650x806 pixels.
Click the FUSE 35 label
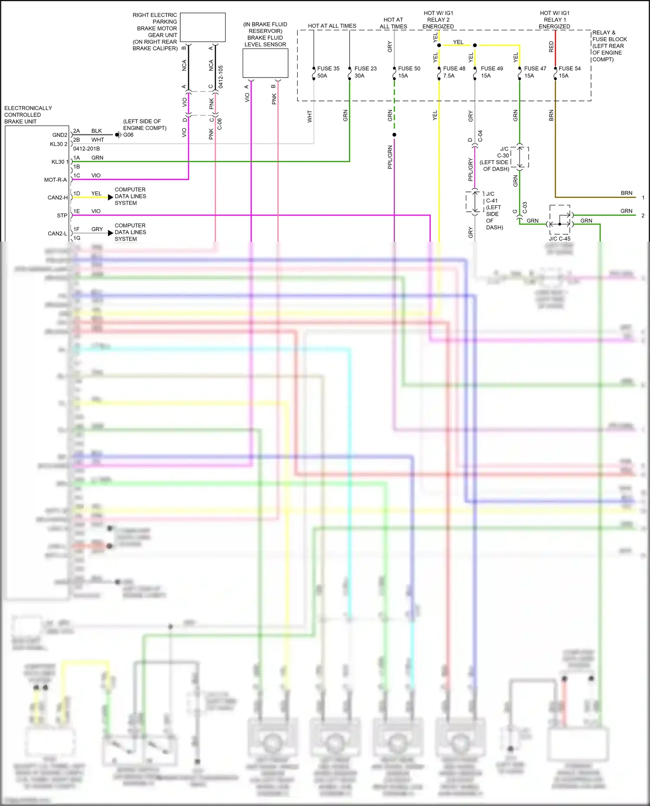pos(328,68)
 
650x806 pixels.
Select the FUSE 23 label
pos(365,68)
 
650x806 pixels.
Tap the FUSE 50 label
pos(409,68)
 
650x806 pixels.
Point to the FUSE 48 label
pos(454,68)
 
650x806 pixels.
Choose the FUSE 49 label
pos(492,68)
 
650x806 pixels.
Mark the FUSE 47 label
pos(535,68)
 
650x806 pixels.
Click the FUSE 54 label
pos(569,68)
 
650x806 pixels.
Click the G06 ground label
pos(128,135)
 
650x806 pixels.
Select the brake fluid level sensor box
pos(265,63)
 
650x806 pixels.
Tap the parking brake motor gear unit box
pos(202,27)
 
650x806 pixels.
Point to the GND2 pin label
pos(60,135)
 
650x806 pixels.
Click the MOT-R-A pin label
pos(55,180)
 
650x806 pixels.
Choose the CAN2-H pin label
pos(58,197)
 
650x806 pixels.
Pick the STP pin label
pos(62,216)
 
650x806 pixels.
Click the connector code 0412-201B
pos(86,149)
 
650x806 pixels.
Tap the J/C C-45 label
pos(559,239)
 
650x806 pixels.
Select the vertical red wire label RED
pos(551,47)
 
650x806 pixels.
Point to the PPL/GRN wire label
pos(390,157)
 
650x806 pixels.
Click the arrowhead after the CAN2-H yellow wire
pos(110,197)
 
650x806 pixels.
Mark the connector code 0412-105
pos(221,77)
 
